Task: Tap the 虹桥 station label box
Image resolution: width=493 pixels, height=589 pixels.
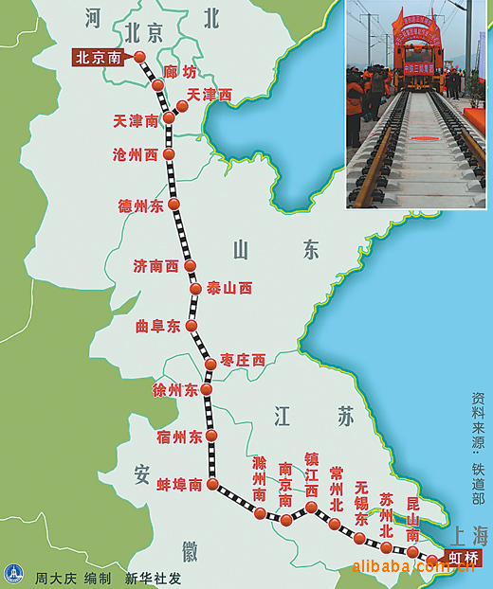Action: point(464,557)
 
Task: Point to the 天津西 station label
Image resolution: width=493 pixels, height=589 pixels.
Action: point(210,95)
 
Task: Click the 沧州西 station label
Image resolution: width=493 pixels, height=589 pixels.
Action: point(136,154)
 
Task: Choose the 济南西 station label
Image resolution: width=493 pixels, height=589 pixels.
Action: point(156,267)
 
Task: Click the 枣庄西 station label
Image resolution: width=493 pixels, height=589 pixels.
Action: point(244,360)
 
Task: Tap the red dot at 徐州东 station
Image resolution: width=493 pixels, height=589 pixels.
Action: point(207,389)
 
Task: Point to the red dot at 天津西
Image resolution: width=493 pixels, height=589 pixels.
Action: point(182,106)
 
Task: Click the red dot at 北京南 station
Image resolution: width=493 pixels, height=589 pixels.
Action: point(140,57)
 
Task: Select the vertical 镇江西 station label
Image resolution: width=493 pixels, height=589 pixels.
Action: point(311,474)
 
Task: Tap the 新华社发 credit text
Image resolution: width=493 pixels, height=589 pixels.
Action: point(153,578)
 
